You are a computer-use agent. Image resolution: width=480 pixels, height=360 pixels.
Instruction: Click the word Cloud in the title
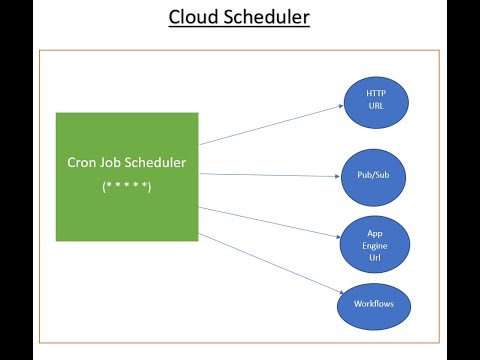click(195, 18)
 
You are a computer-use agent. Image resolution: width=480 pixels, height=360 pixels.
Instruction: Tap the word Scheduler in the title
click(267, 18)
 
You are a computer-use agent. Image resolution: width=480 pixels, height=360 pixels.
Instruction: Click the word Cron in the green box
click(82, 163)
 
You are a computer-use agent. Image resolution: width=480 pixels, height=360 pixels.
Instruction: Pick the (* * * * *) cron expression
click(127, 187)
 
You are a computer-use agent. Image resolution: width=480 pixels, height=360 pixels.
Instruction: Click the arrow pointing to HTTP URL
click(270, 121)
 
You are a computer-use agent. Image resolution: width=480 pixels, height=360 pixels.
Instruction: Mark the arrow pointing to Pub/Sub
click(270, 175)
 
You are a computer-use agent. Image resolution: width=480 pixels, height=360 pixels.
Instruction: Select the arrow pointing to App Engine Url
click(270, 221)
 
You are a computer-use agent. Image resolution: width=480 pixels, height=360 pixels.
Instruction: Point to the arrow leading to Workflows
click(270, 262)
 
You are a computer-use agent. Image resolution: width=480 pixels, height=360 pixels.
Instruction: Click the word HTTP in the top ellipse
click(375, 93)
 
